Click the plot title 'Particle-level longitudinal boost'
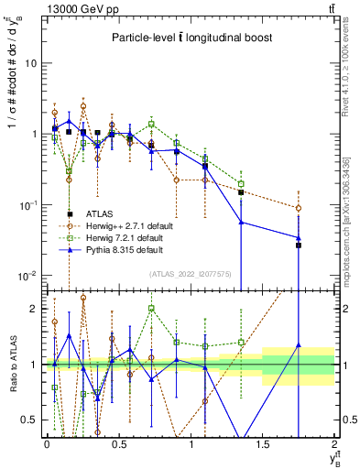tap(188, 38)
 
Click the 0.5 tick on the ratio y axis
tap(30, 420)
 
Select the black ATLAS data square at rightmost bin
tap(299, 270)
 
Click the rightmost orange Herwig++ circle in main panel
tap(299, 208)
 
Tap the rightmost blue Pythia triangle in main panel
tap(299, 238)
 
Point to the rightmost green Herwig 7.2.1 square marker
tap(241, 183)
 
